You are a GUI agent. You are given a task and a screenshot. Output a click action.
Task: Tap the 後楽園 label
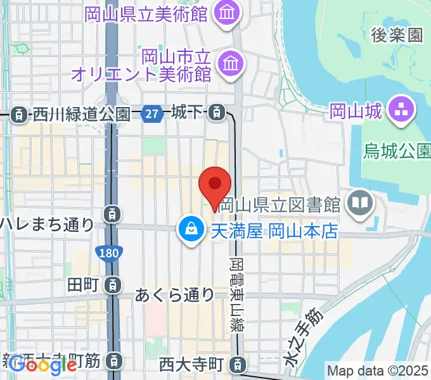(x=397, y=35)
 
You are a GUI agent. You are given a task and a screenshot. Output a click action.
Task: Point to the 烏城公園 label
(x=397, y=151)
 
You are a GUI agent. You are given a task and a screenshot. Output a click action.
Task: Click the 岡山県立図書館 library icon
(x=361, y=203)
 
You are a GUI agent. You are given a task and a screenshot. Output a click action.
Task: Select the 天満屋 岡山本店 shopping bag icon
(x=190, y=228)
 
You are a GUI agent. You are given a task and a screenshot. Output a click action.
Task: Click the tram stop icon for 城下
(x=217, y=113)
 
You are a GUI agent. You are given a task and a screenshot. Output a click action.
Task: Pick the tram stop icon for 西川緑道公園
(x=20, y=115)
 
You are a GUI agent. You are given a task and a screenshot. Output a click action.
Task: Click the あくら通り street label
(x=175, y=294)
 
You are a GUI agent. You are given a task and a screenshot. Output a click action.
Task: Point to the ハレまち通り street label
(x=46, y=224)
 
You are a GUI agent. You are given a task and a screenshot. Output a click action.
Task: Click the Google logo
(x=43, y=365)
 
